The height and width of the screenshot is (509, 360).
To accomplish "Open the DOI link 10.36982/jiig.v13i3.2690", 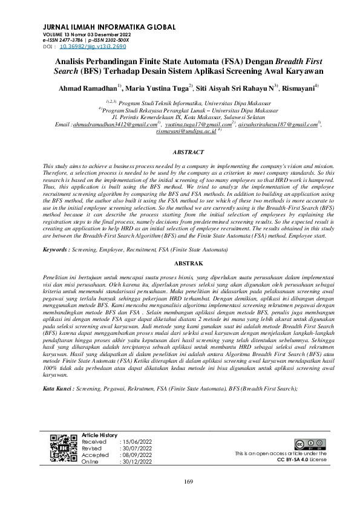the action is click(93, 45).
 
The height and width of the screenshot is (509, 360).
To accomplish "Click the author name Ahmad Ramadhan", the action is click(87, 89).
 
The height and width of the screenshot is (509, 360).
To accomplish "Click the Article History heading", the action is click(99, 435).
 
